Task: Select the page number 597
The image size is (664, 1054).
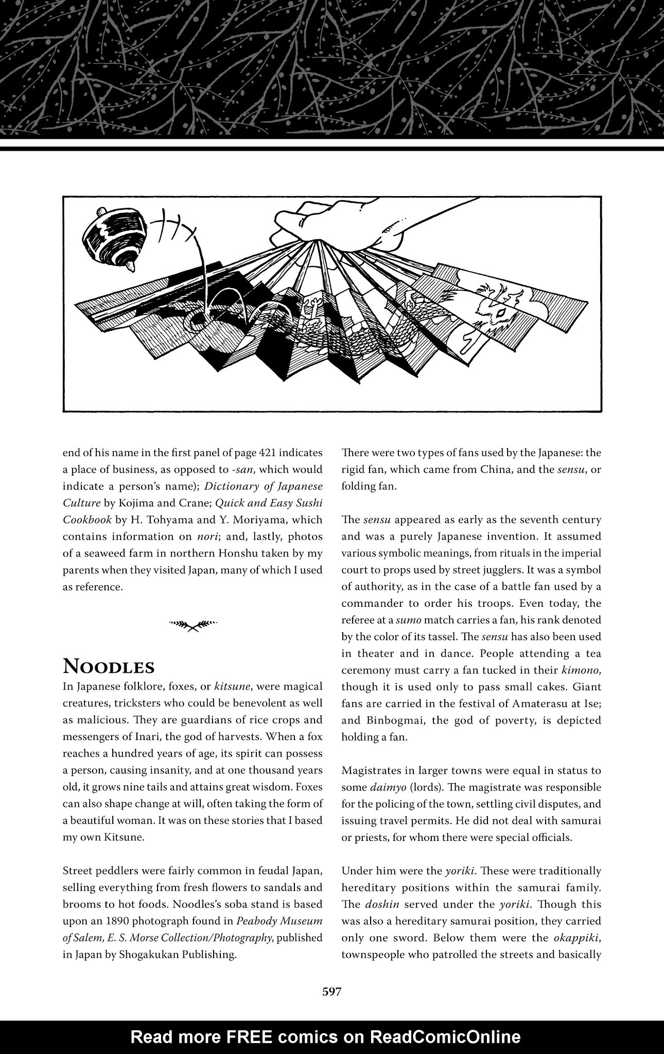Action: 331,992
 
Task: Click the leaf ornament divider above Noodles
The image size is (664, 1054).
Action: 193,625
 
